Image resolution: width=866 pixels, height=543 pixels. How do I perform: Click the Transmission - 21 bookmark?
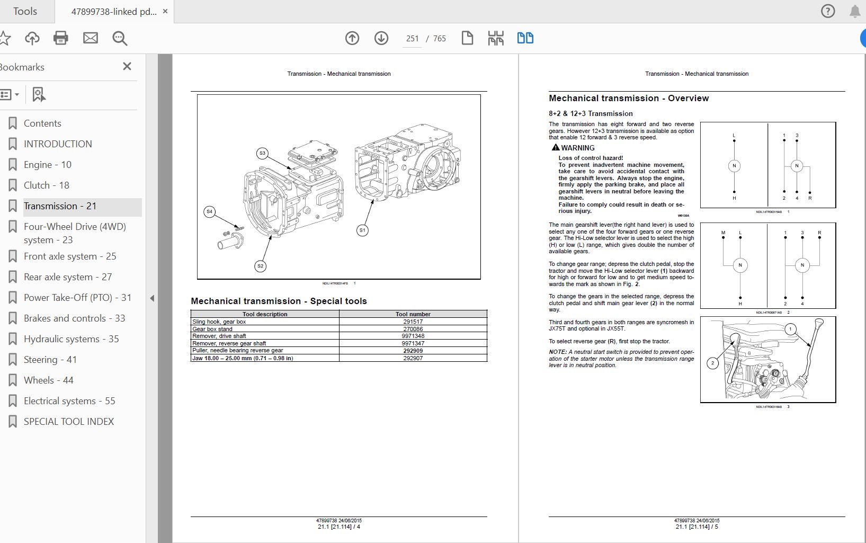60,206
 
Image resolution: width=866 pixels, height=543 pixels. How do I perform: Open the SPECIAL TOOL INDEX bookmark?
68,422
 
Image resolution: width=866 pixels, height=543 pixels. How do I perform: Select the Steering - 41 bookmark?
50,360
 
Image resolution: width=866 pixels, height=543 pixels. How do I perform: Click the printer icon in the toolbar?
61,38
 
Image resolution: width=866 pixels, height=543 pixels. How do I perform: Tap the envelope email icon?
91,38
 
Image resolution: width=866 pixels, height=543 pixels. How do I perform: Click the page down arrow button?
381,38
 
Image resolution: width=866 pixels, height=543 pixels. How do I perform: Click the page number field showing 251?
412,39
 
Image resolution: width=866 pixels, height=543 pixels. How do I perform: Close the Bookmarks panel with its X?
127,66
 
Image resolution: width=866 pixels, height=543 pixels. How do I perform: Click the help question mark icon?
828,11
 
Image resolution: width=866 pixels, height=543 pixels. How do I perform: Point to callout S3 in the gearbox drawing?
262,154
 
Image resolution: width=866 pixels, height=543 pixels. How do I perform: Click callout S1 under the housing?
362,230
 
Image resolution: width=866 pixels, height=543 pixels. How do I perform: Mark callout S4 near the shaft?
209,212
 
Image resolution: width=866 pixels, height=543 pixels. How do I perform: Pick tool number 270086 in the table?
413,329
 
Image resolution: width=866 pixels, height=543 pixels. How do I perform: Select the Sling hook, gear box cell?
219,322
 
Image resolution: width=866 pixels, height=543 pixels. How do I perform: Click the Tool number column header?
413,314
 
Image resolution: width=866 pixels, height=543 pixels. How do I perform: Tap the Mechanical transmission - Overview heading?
628,99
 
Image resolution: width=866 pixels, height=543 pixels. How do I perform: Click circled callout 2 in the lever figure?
713,363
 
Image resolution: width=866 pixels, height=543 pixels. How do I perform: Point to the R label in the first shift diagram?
810,198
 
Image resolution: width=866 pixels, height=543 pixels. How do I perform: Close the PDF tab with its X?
165,11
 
